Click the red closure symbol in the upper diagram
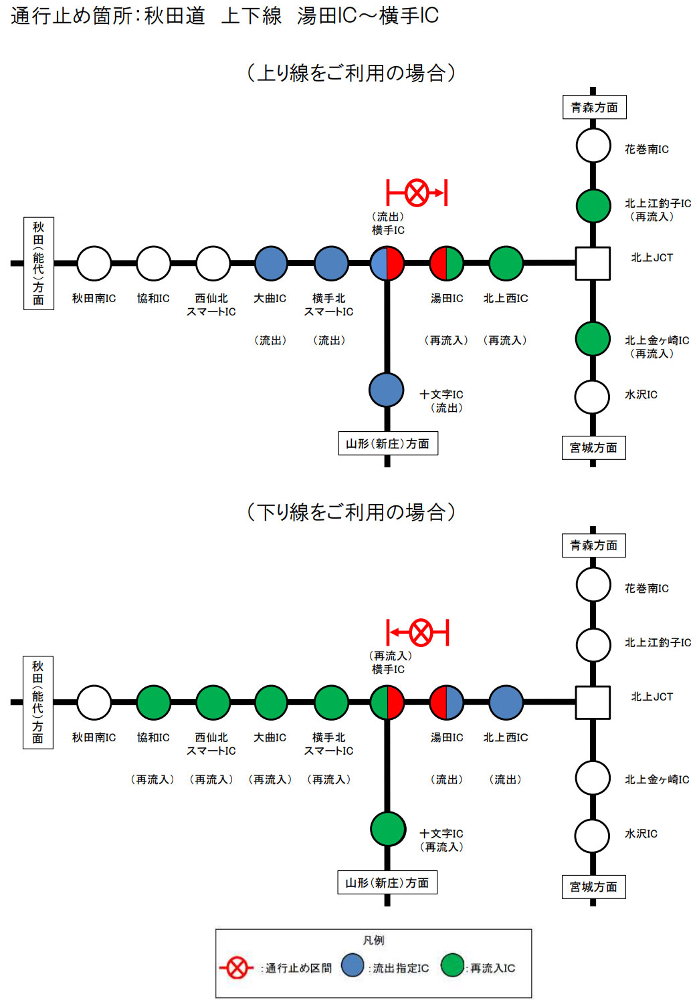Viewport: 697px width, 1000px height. pos(417,193)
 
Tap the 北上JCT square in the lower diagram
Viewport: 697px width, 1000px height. pos(593,703)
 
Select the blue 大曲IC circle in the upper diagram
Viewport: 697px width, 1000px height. pos(271,263)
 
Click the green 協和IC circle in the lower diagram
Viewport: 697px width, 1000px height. pos(154,703)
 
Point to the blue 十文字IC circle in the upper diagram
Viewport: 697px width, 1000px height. pos(387,390)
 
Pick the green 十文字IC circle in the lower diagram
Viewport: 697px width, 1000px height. pos(388,829)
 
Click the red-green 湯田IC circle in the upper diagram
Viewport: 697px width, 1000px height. pos(446,263)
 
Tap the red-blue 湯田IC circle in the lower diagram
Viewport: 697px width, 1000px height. pos(446,703)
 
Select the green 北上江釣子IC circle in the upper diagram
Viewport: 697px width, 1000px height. pos(593,206)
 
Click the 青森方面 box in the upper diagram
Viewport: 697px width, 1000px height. pos(594,108)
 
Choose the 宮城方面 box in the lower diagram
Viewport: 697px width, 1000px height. pos(593,887)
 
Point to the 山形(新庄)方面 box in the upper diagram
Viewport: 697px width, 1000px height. pos(387,444)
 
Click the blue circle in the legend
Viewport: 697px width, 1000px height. pos(353,965)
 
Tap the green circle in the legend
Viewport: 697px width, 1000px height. pos(453,965)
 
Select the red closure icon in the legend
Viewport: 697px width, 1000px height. pos(236,967)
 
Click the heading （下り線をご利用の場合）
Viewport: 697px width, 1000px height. pos(351,512)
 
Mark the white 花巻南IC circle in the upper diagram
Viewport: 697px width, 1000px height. pos(593,146)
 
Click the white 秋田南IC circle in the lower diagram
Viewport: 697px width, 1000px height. pos(94,703)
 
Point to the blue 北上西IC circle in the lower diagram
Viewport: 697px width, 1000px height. pos(506,703)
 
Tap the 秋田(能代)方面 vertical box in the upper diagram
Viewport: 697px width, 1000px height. pos(39,263)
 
